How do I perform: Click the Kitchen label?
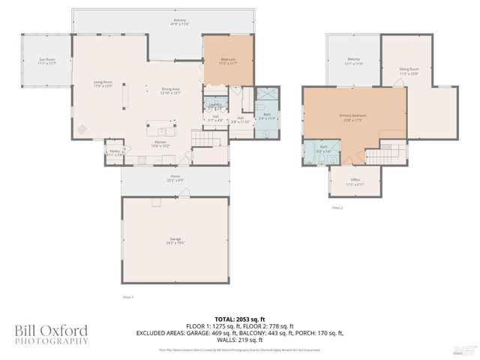(x=160, y=143)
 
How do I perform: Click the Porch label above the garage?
(x=175, y=178)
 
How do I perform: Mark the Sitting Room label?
(x=409, y=70)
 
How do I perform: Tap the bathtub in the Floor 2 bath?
(x=310, y=152)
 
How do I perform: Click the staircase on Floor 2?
(x=379, y=156)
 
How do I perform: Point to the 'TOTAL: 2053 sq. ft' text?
(x=239, y=319)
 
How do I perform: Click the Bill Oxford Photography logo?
(x=51, y=334)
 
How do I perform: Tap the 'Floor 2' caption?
(x=337, y=207)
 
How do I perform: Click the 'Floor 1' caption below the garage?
(x=127, y=298)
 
